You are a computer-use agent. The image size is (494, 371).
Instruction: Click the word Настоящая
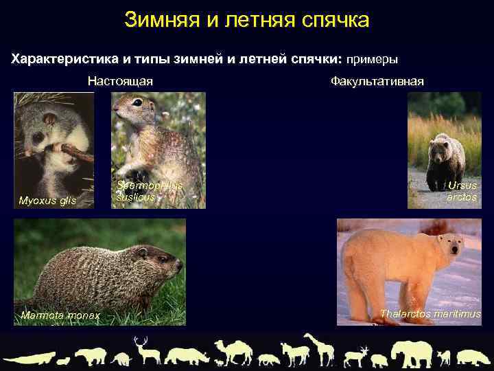coord(120,81)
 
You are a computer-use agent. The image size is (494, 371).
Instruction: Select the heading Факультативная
coord(377,81)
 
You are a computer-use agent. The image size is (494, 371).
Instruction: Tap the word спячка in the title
coord(335,19)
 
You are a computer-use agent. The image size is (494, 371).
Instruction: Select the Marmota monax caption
coord(60,315)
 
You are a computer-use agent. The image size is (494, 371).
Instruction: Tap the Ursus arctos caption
coord(461,192)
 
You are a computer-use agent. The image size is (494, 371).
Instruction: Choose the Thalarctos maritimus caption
coord(430,314)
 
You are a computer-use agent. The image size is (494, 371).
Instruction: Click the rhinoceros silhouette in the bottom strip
coord(189,355)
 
